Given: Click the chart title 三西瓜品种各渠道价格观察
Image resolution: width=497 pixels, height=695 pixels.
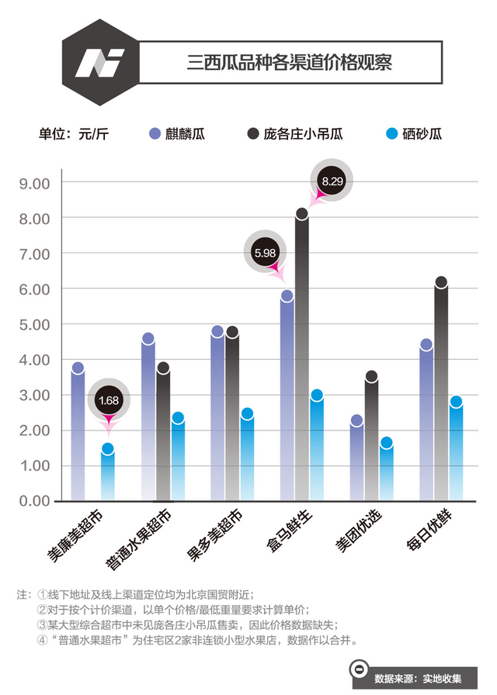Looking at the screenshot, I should (290, 62).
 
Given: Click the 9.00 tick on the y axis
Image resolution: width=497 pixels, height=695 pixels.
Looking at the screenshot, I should (34, 183).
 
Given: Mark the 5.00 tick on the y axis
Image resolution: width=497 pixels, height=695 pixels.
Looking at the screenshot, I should (34, 324).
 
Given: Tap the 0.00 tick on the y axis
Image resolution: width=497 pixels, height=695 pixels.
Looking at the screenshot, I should (34, 501).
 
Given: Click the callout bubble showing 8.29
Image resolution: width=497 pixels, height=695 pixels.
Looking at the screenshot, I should (332, 182).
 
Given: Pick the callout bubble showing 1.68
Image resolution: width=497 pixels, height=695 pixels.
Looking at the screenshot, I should (108, 400).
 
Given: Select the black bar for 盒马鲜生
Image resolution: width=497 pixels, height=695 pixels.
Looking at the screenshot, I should (302, 357).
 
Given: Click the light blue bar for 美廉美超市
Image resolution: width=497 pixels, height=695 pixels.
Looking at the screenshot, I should (108, 475).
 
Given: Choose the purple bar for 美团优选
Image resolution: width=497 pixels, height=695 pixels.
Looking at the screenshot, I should (356, 461).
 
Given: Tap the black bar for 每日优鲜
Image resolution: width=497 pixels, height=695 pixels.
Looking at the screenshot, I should (441, 392).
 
